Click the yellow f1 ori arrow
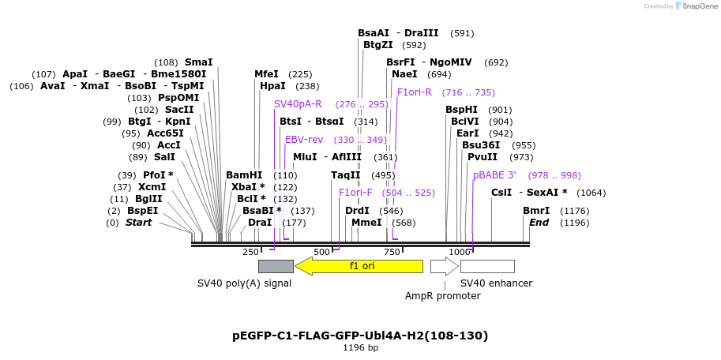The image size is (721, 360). pyautogui.click(x=359, y=266)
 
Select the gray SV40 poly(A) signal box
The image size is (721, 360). pyautogui.click(x=276, y=266)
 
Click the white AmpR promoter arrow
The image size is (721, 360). pyautogui.click(x=443, y=266)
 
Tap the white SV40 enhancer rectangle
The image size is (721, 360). pyautogui.click(x=487, y=266)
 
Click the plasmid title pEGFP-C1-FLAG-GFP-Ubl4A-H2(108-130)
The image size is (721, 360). pyautogui.click(x=360, y=336)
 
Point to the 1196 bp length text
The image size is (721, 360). pyautogui.click(x=360, y=347)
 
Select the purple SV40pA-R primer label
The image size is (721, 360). pyautogui.click(x=298, y=104)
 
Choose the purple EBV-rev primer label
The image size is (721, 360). pyautogui.click(x=304, y=140)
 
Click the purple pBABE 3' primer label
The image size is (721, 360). pyautogui.click(x=494, y=175)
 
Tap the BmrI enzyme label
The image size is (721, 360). pyautogui.click(x=536, y=211)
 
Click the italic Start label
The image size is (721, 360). pyautogui.click(x=138, y=223)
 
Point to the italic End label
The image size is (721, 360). pyautogui.click(x=539, y=223)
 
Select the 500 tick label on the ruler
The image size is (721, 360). pyautogui.click(x=321, y=252)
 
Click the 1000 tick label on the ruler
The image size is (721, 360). pyautogui.click(x=460, y=252)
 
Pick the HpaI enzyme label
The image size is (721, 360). pyautogui.click(x=272, y=86)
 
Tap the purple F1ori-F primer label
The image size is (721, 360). pyautogui.click(x=355, y=193)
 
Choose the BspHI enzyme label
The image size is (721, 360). pyautogui.click(x=461, y=110)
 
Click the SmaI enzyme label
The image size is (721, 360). pyautogui.click(x=198, y=62)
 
